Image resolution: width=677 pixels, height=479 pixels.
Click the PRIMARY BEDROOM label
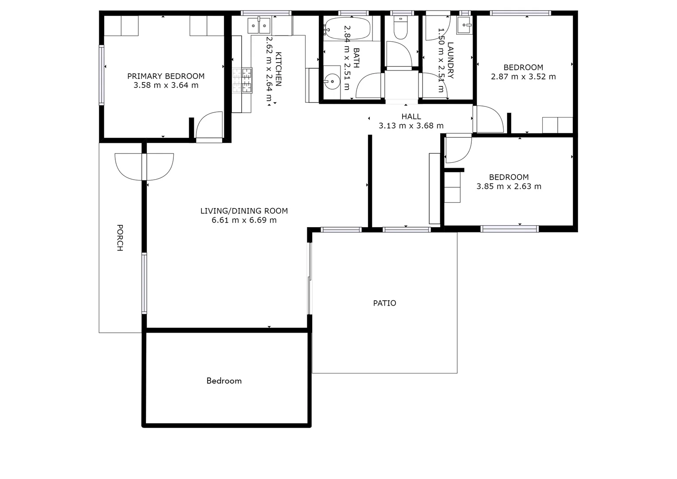pos(166,76)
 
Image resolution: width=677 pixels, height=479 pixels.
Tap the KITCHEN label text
pos(278,69)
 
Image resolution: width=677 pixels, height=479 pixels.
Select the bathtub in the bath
pos(347,29)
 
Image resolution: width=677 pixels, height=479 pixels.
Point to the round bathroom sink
pos(331,82)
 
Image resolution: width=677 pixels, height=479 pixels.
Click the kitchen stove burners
pos(242,80)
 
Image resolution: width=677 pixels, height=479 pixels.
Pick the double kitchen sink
pos(259,26)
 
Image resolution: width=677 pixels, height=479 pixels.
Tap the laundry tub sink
pos(464,27)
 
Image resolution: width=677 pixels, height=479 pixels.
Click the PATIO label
pos(384,303)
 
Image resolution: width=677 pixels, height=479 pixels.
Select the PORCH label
pos(120,238)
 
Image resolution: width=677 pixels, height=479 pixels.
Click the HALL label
pos(411,117)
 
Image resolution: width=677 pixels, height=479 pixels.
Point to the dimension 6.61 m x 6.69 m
pos(244,220)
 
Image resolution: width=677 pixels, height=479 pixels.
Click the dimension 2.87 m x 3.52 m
pos(523,77)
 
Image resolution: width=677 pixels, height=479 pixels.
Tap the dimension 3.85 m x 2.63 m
pos(509,187)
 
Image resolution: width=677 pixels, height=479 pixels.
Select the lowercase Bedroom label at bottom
pos(224,381)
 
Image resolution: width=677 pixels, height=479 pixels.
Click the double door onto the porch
pos(144,166)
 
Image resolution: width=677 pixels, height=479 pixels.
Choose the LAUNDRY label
pos(450,60)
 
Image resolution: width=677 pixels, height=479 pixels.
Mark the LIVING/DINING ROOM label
pos(244,211)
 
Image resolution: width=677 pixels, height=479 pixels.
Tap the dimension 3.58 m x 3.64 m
pos(166,85)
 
